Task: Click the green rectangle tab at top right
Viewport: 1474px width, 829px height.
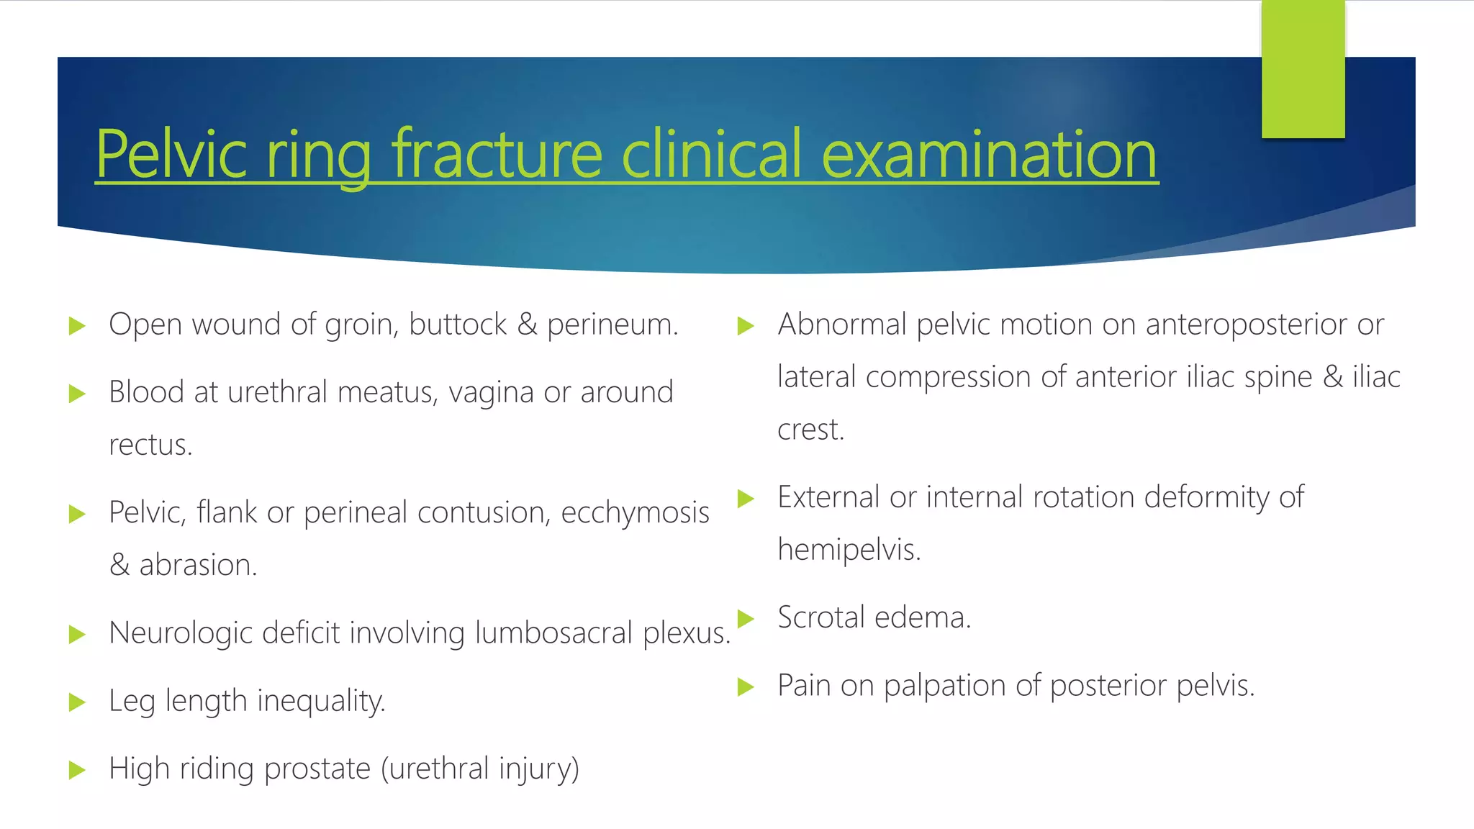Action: pos(1303,69)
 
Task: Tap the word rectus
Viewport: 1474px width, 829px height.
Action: pos(150,445)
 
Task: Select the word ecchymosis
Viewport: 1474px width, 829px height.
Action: pos(635,513)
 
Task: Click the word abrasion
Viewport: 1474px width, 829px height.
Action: pos(198,566)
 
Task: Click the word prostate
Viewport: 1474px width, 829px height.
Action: pos(317,769)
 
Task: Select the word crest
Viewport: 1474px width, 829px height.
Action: pos(810,430)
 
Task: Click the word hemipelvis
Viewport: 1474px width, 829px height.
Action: pos(849,551)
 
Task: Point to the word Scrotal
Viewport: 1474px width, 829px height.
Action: pos(821,618)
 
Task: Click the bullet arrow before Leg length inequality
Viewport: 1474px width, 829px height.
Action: pos(77,702)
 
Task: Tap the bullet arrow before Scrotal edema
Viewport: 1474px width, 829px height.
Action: pos(746,618)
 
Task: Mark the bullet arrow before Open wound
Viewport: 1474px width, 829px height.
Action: pos(77,326)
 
